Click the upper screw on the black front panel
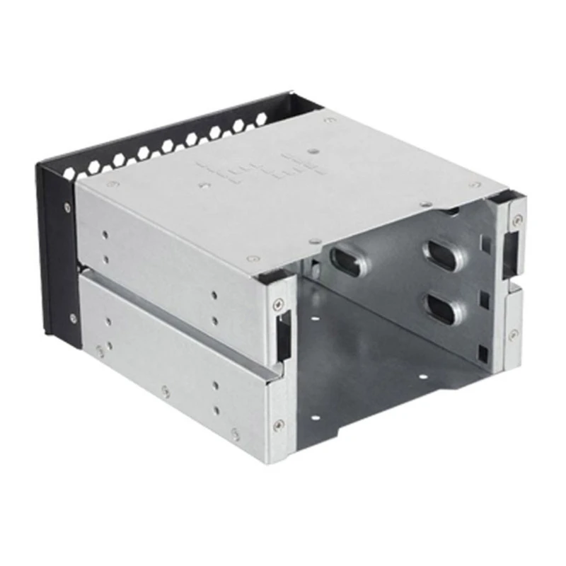tap(68, 207)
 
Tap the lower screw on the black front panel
tap(73, 317)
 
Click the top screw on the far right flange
tap(516, 219)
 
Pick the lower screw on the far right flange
tap(512, 333)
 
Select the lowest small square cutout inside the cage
tap(483, 350)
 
